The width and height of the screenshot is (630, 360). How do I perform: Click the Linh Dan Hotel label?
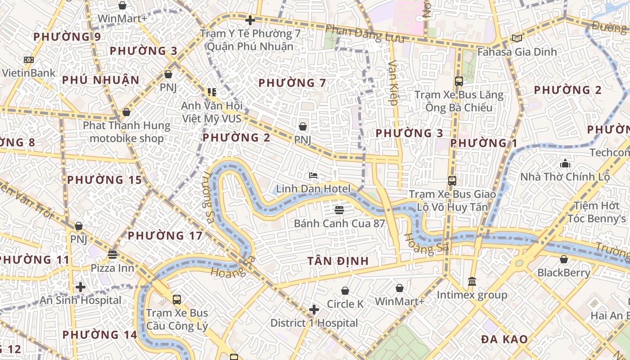tap(313, 189)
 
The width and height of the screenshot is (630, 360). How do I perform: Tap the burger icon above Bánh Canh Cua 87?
tap(339, 210)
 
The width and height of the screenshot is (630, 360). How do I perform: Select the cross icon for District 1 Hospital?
tap(314, 310)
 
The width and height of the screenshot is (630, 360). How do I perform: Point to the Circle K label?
tap(345, 304)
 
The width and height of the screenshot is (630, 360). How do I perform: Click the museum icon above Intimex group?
tap(472, 282)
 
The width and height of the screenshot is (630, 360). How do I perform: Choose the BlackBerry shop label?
tap(563, 273)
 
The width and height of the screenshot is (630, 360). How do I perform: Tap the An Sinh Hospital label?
tap(81, 300)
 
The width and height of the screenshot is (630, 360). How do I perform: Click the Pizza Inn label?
tap(112, 268)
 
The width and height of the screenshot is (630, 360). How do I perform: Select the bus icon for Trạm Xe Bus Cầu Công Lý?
tap(177, 299)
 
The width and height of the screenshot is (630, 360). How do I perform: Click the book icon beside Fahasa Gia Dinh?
tap(517, 39)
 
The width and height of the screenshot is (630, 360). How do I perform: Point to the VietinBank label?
tap(28, 73)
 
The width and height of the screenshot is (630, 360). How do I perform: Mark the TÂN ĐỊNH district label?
tap(338, 261)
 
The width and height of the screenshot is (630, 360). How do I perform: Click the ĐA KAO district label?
tap(504, 339)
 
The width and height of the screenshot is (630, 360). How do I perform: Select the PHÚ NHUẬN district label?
tap(101, 80)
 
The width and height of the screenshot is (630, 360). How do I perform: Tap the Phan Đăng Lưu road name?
tap(364, 34)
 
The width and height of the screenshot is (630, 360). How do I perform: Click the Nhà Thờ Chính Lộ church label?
tap(565, 177)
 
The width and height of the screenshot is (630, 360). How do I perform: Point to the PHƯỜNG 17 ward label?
tap(165, 235)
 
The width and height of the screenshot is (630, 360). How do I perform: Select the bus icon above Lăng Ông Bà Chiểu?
tap(459, 81)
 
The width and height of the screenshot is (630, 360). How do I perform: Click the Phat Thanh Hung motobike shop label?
tap(126, 132)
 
